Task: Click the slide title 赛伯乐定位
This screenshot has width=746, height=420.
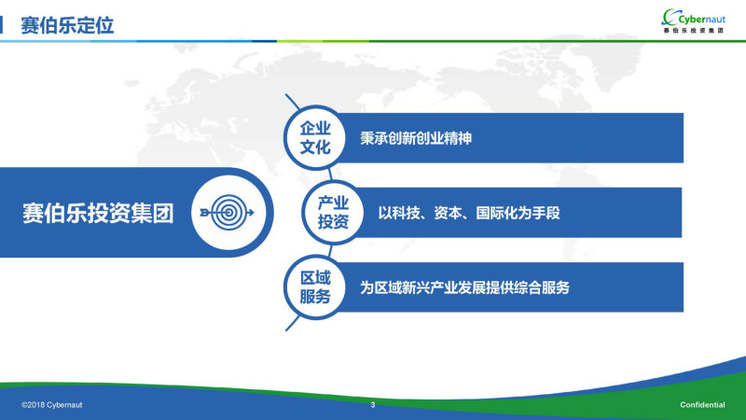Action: (67, 25)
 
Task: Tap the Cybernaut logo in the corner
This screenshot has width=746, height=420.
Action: (694, 21)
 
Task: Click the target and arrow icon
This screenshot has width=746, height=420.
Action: (228, 213)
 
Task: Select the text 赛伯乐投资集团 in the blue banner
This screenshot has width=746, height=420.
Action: (98, 213)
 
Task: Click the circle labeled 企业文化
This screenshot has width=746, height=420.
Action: (315, 137)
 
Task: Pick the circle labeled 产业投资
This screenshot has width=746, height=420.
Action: (333, 213)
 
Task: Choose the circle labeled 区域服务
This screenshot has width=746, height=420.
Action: (315, 287)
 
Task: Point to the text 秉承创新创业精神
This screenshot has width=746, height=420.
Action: (416, 138)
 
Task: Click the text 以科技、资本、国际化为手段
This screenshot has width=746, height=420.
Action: (469, 213)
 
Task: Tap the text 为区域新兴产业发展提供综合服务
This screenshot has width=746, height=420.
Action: (464, 287)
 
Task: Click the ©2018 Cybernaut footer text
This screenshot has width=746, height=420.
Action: (52, 405)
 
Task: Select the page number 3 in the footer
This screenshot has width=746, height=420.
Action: (373, 405)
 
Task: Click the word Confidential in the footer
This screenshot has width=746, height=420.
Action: (702, 405)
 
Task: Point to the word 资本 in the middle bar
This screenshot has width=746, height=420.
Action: (448, 213)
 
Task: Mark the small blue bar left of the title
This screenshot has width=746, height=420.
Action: (2, 25)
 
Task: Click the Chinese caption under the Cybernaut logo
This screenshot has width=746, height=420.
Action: (694, 31)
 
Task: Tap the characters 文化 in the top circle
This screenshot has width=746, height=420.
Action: (315, 147)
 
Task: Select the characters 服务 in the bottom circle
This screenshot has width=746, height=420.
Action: (315, 297)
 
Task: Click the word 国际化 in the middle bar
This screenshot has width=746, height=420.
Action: (497, 213)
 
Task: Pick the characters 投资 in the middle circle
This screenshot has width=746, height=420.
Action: (333, 222)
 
